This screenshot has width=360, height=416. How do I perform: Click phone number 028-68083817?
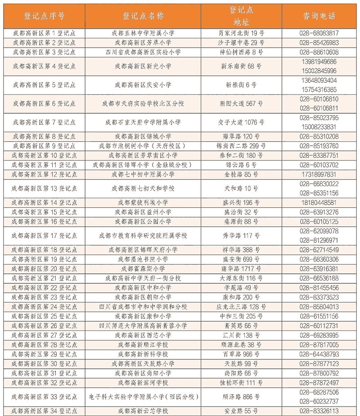319,33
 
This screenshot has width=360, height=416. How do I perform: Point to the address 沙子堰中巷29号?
242,43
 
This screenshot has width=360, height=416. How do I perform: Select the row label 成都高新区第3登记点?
44,52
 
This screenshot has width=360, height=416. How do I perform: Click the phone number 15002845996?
319,71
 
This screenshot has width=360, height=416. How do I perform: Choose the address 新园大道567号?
242,103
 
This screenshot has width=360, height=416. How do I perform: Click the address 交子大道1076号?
242,122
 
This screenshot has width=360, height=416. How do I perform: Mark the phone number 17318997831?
319,174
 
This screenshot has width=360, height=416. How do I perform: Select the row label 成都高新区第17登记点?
44,235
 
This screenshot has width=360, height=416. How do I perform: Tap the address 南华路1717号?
242,268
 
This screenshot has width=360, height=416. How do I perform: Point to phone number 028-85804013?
319,307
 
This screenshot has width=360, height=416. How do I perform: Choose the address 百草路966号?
242,354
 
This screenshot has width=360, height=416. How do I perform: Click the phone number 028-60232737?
319,401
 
